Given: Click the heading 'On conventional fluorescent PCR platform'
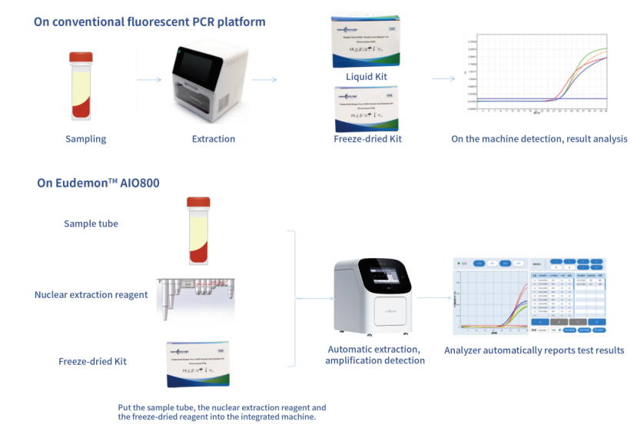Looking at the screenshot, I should coord(149,22).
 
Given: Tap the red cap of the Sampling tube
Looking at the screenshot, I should coord(81,57).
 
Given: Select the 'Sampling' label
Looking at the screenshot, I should coord(85,139).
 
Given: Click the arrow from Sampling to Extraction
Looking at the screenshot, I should coord(149,79).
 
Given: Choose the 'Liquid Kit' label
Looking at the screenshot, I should coord(367,77).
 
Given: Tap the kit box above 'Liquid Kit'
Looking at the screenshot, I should coord(367,42).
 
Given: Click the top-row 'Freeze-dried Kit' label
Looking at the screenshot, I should coord(367,139).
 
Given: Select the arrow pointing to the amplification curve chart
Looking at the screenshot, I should coord(443,78).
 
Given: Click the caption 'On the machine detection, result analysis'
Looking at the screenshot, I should coord(539,139).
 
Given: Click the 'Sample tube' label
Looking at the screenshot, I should coord(91,224).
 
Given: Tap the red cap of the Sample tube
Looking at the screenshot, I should coord(198,203).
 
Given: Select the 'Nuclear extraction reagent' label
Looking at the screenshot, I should coord(91,294).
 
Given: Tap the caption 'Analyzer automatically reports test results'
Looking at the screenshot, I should coord(533,351).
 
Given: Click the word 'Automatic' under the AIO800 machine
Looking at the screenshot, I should coord(350,350).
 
